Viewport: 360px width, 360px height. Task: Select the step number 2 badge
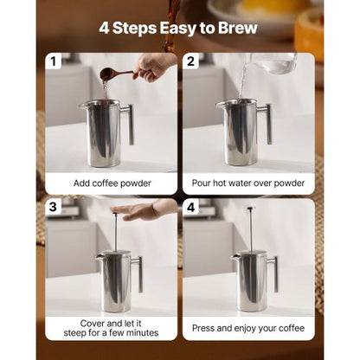(x=191, y=62)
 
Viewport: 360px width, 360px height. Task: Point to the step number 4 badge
(x=191, y=208)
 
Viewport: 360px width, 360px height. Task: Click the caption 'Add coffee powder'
(x=111, y=183)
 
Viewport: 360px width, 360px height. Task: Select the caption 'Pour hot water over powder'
(x=248, y=183)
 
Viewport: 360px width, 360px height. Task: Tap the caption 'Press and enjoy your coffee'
(x=248, y=329)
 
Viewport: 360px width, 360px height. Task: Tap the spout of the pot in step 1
(x=83, y=106)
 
